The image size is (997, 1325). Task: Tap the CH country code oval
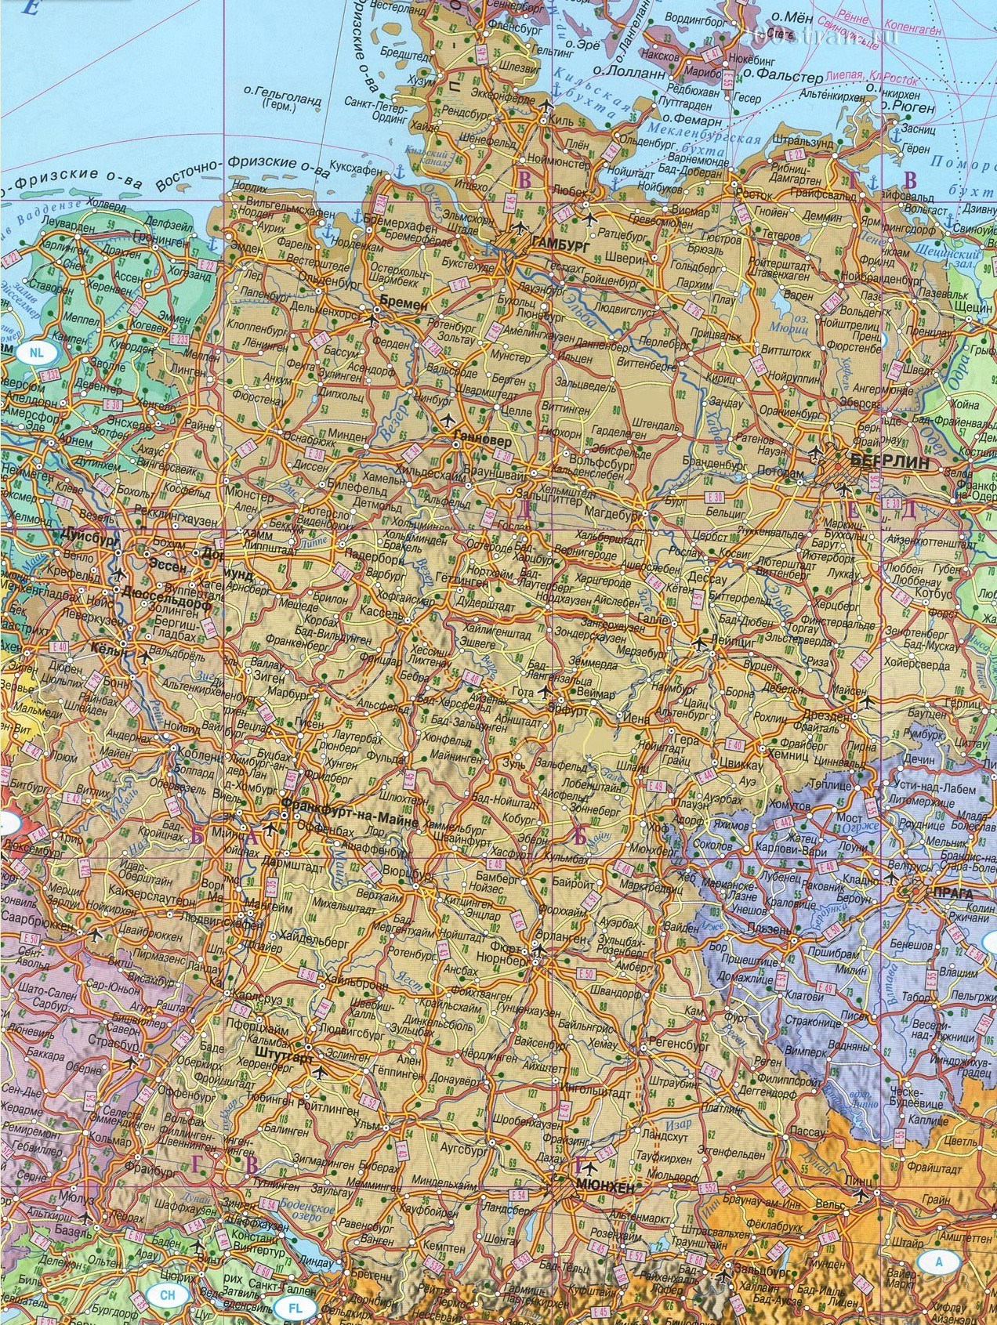[167, 1295]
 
